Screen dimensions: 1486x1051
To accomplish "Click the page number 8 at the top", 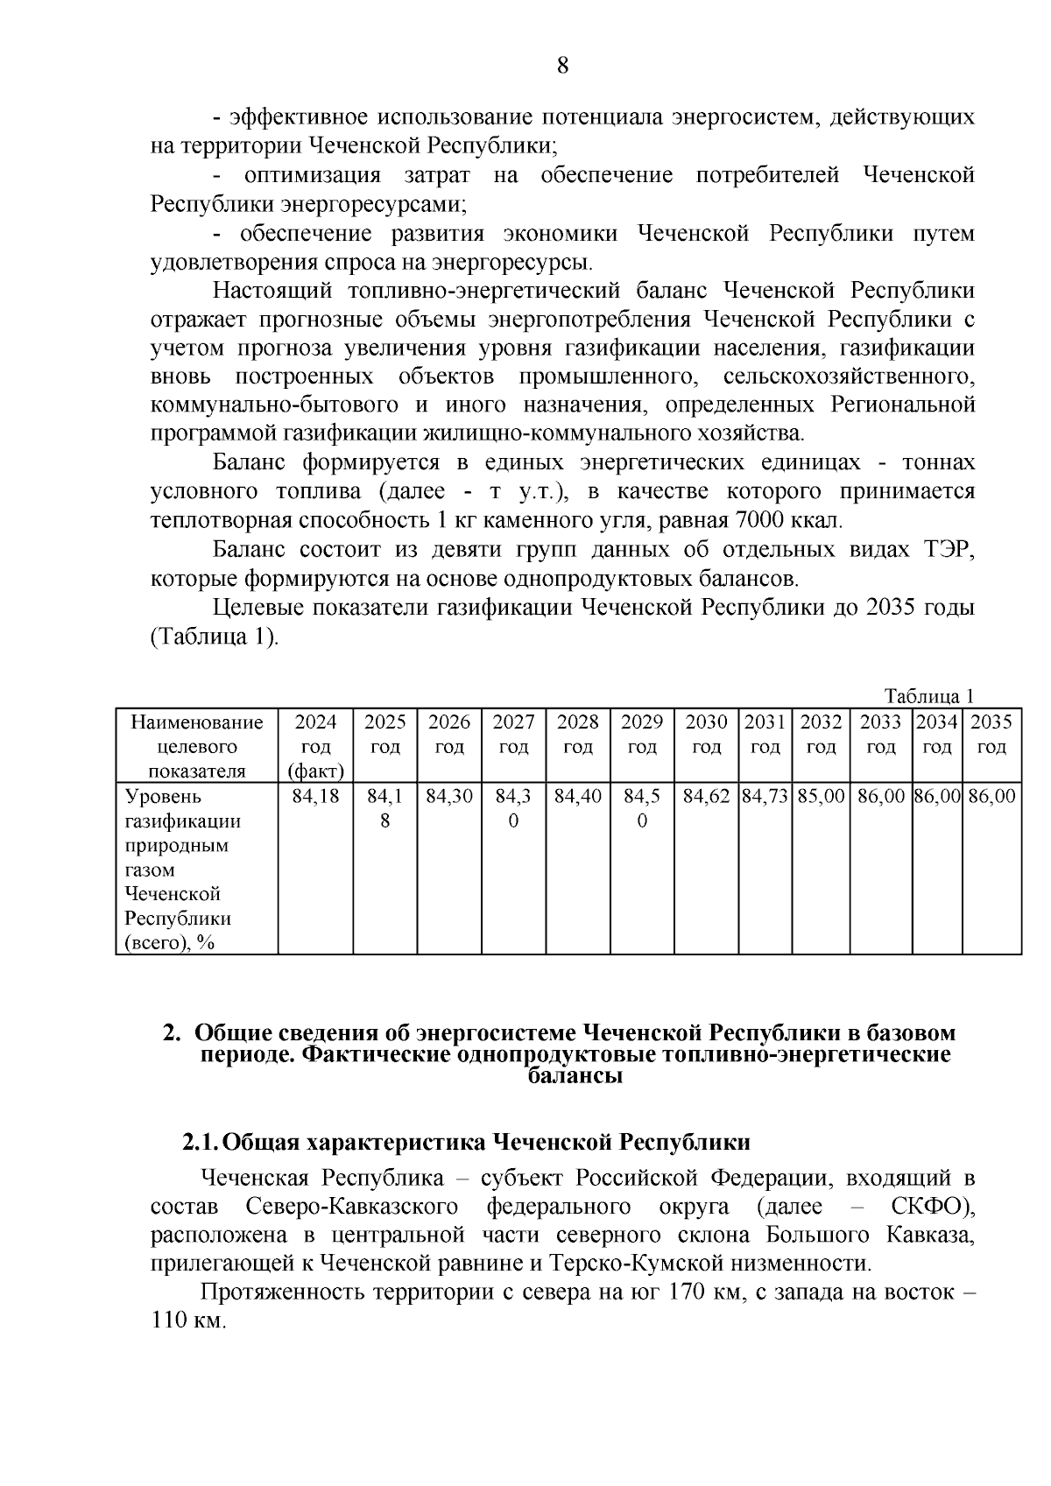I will click(x=563, y=66).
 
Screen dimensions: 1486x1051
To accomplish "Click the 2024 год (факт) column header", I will click(x=315, y=746).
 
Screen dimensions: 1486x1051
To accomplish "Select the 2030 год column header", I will click(x=706, y=735).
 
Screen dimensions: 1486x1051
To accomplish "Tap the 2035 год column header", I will click(x=991, y=735).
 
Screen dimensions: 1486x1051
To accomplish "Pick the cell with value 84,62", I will click(x=706, y=797).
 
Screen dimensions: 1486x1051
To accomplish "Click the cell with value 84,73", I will click(x=765, y=797).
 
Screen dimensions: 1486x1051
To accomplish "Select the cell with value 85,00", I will click(x=821, y=797).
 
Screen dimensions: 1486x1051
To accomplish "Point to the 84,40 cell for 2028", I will click(x=578, y=797).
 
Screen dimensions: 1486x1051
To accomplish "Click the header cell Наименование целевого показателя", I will click(x=196, y=746).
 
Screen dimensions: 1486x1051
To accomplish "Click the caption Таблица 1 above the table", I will click(x=929, y=697).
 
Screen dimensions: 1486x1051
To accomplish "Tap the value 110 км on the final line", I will click(x=188, y=1320).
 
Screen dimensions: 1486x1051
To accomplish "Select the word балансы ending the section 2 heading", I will click(x=575, y=1076).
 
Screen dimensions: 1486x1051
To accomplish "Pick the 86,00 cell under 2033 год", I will click(x=880, y=797).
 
